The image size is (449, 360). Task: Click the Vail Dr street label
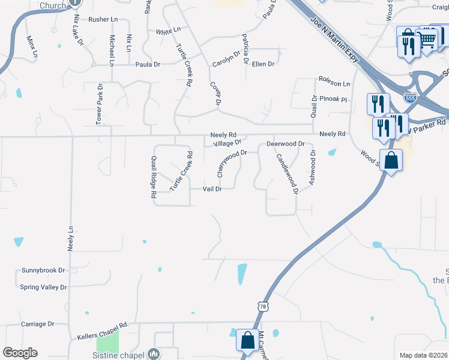click(x=212, y=188)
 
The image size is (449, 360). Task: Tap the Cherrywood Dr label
click(x=231, y=163)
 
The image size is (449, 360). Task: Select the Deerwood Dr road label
click(x=286, y=144)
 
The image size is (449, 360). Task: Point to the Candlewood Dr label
click(x=287, y=174)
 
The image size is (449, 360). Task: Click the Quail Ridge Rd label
click(x=154, y=177)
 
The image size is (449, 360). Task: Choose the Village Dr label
click(x=227, y=143)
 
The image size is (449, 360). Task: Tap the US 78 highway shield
click(x=263, y=307)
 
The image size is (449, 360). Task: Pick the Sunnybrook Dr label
click(x=43, y=271)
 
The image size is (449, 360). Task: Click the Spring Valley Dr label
click(x=43, y=287)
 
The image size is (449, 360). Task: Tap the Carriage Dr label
click(x=37, y=324)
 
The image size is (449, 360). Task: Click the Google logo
click(x=20, y=353)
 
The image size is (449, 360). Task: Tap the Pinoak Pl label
click(x=334, y=98)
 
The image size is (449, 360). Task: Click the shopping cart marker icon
click(x=427, y=40)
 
